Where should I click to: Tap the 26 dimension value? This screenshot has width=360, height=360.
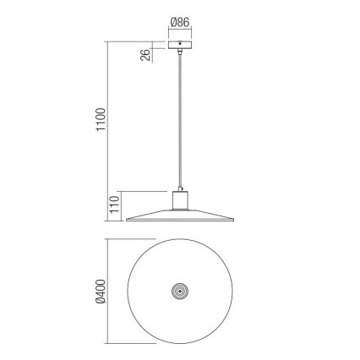click(146, 57)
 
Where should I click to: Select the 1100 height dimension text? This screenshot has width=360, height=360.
click(100, 121)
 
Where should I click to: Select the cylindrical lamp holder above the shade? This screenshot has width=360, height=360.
click(180, 200)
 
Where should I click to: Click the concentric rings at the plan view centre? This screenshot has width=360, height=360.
click(180, 291)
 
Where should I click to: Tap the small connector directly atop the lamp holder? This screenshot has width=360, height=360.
click(180, 188)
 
